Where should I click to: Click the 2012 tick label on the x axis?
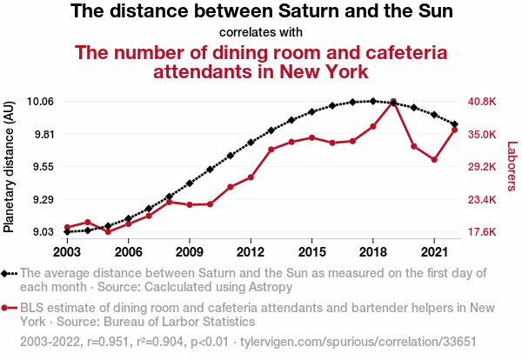251,251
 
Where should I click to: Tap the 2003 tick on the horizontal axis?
67,251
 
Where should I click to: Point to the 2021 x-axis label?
434,251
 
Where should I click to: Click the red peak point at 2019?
393,102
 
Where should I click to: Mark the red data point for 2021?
434,160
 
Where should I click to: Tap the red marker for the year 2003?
67,227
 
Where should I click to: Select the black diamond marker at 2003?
67,231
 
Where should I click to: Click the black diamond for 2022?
454,124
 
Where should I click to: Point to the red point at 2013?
271,150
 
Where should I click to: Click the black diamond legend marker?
7,273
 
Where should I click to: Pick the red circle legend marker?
7,308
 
